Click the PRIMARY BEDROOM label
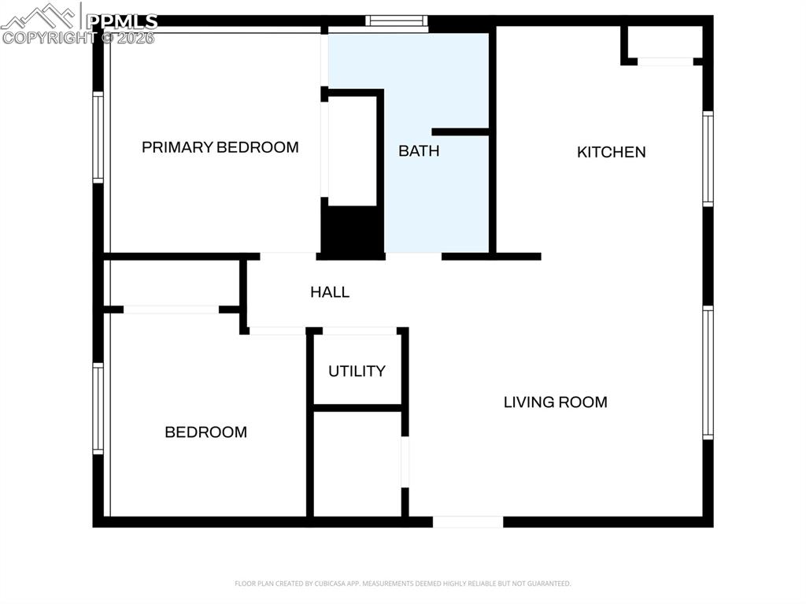(x=220, y=147)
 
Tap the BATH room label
(x=419, y=151)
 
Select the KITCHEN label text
(x=611, y=152)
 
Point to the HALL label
(x=330, y=292)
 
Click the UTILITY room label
(x=357, y=371)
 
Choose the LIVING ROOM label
(x=555, y=402)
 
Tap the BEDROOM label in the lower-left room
(x=205, y=432)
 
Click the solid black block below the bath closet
(x=352, y=230)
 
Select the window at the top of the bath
(x=397, y=20)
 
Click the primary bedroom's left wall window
(x=98, y=138)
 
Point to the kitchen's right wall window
(x=708, y=159)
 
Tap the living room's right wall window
(x=708, y=372)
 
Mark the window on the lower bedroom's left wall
(x=98, y=408)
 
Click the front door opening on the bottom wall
(x=468, y=521)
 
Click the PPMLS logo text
(x=122, y=21)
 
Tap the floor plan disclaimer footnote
(x=402, y=584)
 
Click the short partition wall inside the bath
(x=460, y=132)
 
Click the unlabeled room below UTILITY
(x=357, y=464)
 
